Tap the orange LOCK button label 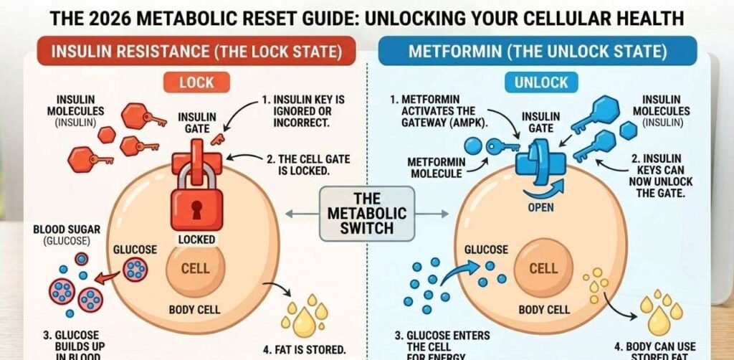click(x=196, y=82)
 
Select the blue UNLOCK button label click(x=541, y=82)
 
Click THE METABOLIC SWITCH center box click(x=367, y=213)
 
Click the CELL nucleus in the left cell click(x=196, y=269)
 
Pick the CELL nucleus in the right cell click(x=543, y=269)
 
